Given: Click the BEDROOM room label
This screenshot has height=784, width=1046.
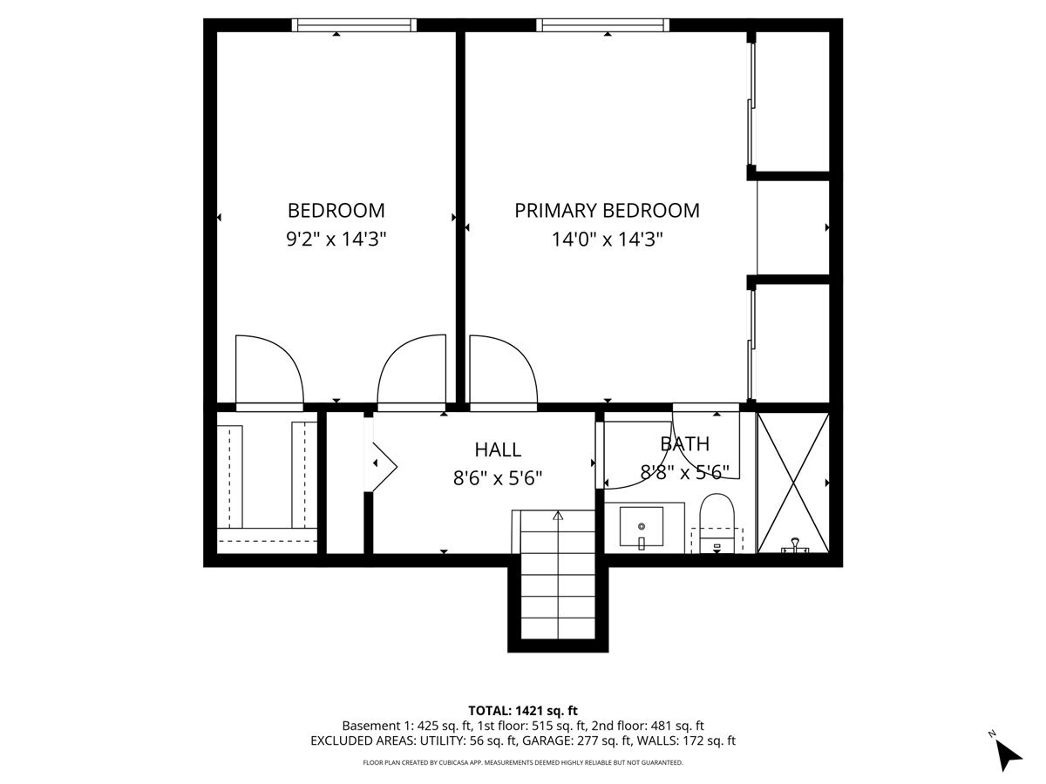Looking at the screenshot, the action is [336, 211].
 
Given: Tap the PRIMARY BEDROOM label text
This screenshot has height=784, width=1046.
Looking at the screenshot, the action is [607, 211].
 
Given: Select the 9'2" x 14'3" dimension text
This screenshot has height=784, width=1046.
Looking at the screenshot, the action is [336, 239].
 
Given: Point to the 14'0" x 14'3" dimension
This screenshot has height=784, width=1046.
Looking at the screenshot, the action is [607, 239].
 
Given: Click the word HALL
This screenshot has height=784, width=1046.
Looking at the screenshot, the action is [498, 449].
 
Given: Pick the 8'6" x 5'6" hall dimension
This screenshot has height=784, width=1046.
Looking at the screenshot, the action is [498, 477].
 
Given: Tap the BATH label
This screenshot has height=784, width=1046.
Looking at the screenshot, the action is [685, 443].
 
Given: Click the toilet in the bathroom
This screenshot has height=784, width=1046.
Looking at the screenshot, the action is [717, 524].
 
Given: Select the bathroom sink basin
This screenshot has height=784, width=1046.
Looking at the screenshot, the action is [642, 526].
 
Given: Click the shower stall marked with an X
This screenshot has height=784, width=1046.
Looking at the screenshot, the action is [793, 483].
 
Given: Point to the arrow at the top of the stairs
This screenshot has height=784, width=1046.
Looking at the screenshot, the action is [558, 516].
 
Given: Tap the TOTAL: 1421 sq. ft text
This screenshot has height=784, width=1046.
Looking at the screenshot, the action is [523, 711].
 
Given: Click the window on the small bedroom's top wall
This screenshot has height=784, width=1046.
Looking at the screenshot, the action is [354, 25].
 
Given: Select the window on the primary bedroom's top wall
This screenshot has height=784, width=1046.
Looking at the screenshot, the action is [603, 25].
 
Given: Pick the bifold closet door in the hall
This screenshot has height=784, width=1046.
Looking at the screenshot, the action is [384, 466].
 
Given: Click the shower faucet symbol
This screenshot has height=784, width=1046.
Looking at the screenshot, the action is [795, 545].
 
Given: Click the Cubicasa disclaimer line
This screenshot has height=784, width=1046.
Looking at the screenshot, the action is [523, 762].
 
